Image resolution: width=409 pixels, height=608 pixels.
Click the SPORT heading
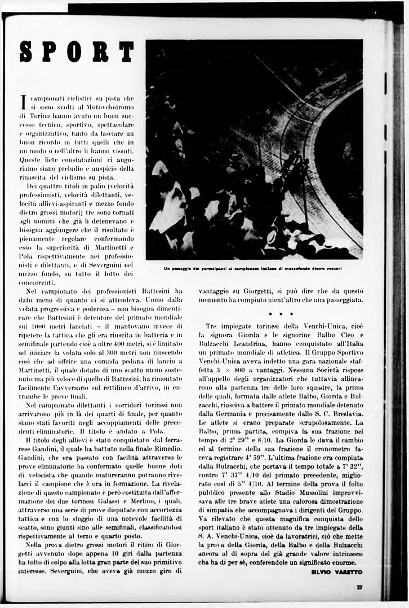[x=77, y=51]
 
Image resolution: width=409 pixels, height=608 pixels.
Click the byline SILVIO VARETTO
[x=336, y=571]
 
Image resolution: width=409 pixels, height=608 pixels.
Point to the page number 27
[x=359, y=587]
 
